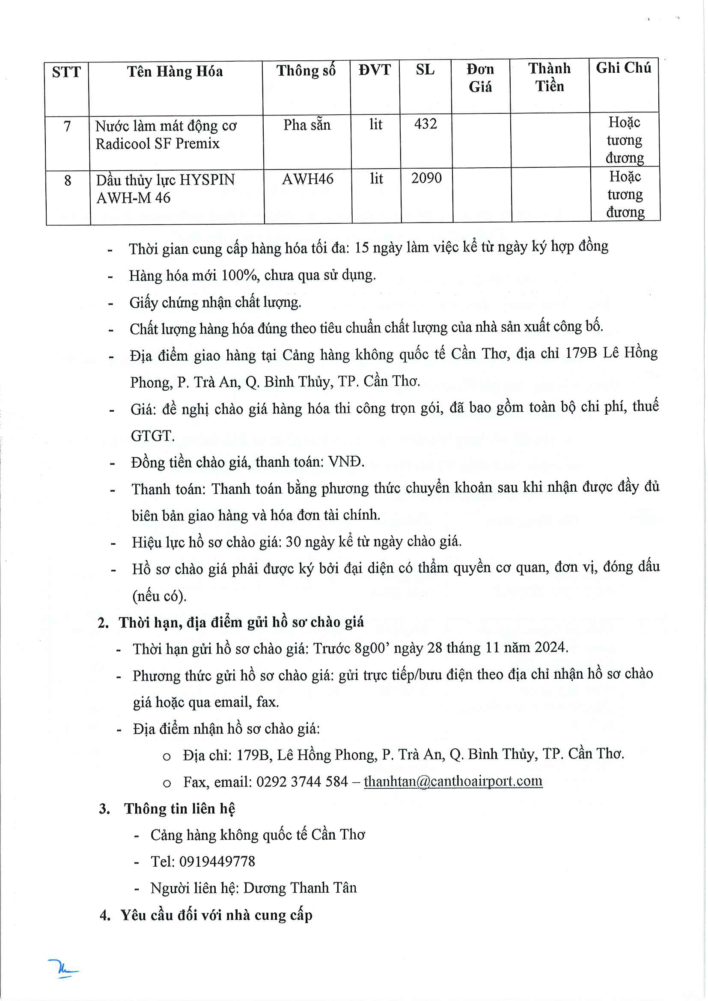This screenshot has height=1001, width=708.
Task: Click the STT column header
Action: point(66,72)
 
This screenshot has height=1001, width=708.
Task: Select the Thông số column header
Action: point(306,71)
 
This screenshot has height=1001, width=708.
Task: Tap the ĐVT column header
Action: point(375,70)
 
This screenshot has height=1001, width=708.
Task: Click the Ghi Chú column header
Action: point(623,68)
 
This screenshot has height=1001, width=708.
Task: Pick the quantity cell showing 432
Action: point(425,124)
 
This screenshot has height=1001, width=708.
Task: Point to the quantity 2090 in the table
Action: point(426,178)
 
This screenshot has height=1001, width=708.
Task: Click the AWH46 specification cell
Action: point(307,179)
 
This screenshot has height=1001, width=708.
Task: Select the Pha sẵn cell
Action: point(307,125)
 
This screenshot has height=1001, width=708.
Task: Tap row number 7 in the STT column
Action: point(67,126)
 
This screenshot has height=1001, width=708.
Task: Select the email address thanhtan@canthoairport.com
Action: point(453,781)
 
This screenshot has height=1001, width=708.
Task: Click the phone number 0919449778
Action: point(217,861)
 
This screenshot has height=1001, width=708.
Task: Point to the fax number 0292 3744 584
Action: point(302,782)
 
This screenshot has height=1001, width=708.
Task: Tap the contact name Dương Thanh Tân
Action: point(300,888)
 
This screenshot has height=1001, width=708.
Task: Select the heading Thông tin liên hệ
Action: point(179,809)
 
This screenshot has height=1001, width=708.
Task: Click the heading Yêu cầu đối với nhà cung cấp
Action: point(216,915)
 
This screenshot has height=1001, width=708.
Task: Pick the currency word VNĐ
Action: point(346,462)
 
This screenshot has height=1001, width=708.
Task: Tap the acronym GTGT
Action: point(152,436)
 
